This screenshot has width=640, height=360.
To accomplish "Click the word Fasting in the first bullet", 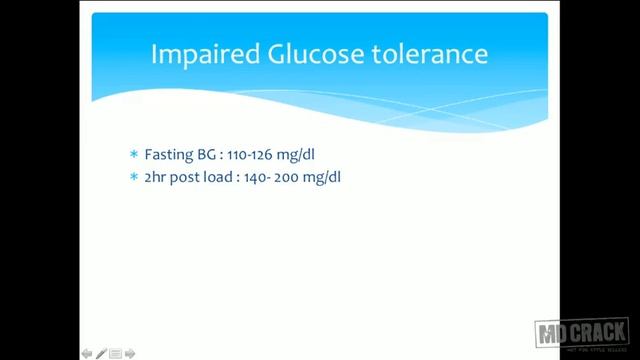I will click(x=166, y=155).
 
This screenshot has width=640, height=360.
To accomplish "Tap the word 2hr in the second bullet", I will click(x=157, y=177).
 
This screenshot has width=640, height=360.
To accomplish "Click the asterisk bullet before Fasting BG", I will click(x=134, y=155).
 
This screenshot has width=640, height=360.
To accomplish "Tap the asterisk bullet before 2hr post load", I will click(x=134, y=177).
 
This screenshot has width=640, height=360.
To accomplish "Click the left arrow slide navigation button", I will click(x=87, y=353).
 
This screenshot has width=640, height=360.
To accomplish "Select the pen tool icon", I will click(x=101, y=353).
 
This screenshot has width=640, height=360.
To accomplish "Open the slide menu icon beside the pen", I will click(x=115, y=353).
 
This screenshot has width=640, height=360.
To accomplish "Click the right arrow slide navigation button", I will click(x=129, y=353).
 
